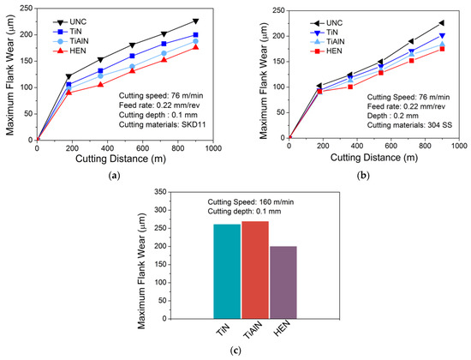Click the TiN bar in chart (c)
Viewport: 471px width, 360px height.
point(227,272)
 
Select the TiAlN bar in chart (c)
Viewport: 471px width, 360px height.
point(255,270)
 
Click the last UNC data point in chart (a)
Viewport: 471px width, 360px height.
point(195,21)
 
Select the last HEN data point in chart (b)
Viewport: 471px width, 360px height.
point(443,49)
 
